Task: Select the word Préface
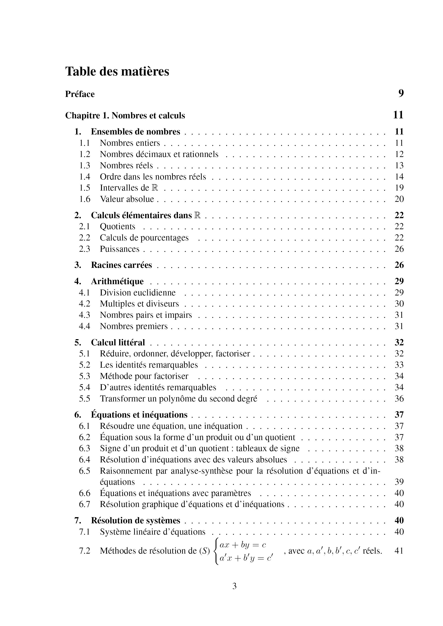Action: click(80, 94)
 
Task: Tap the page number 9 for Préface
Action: click(401, 93)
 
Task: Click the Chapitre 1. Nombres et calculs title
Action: click(125, 115)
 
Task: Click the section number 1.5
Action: click(84, 188)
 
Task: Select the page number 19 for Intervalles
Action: click(399, 188)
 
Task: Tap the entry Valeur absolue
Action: click(127, 199)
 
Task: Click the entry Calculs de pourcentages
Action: click(144, 238)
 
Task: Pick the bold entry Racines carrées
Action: click(121, 265)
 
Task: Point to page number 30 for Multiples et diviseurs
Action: click(399, 304)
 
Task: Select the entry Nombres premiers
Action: click(134, 326)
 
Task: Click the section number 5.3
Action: click(84, 376)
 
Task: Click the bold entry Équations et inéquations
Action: click(139, 415)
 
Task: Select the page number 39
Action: click(399, 482)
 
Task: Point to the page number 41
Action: click(399, 551)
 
